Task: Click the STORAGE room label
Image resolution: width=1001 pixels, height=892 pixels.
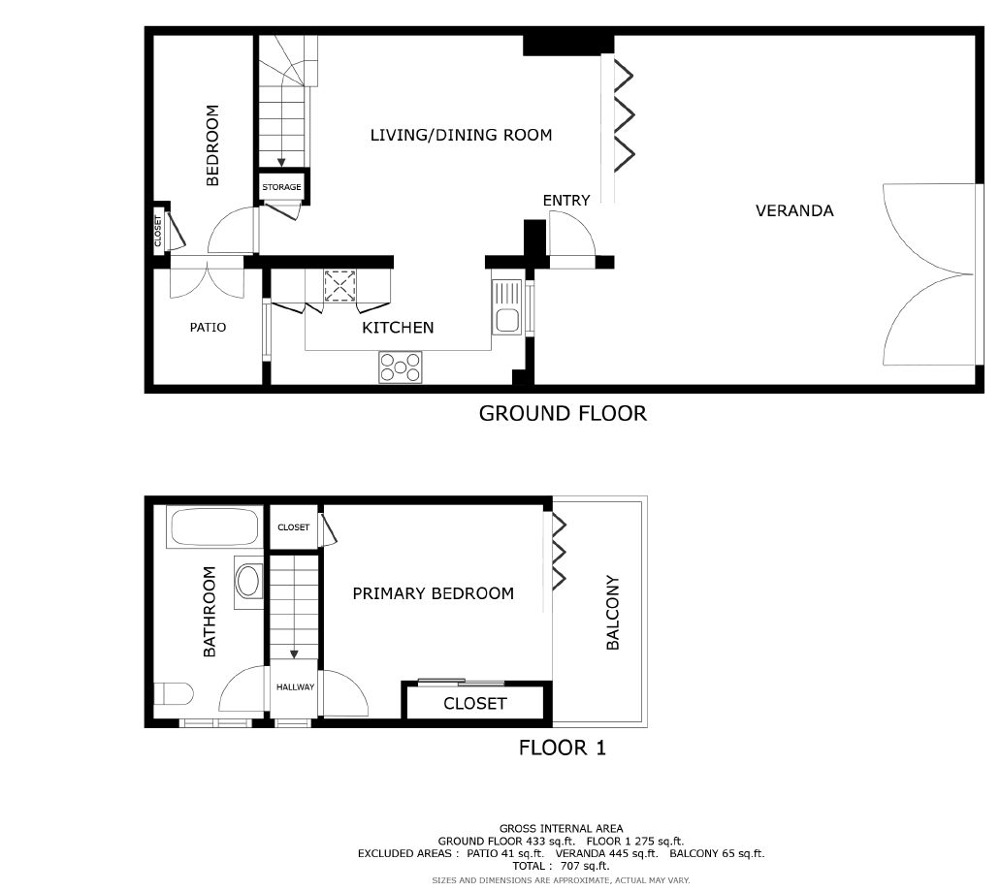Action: click(x=281, y=187)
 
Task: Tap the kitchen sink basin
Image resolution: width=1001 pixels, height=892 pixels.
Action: click(x=507, y=320)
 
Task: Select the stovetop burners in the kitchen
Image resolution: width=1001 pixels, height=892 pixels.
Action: click(x=401, y=366)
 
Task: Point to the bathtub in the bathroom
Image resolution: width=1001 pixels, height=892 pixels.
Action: click(x=214, y=527)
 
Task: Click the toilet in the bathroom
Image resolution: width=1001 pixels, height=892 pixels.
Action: click(x=174, y=694)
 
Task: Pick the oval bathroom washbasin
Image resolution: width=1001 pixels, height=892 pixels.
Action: click(x=247, y=582)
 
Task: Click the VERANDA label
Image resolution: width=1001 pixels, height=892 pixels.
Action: click(x=794, y=211)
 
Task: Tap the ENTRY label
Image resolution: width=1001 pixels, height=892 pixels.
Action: click(x=566, y=201)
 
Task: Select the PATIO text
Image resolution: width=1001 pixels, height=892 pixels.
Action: click(x=209, y=328)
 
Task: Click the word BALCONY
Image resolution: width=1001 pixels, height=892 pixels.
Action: click(x=612, y=613)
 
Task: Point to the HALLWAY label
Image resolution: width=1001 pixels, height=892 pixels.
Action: click(x=295, y=687)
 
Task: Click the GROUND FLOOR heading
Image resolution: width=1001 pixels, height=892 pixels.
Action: click(x=563, y=413)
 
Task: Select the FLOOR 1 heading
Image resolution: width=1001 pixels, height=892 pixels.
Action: click(x=562, y=748)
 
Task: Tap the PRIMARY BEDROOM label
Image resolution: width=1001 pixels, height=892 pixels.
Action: click(x=433, y=594)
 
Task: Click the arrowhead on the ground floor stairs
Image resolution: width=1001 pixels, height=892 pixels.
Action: click(x=281, y=163)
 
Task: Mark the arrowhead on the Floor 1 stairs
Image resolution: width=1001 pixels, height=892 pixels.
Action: click(x=294, y=654)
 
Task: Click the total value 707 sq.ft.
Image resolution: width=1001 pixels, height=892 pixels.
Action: click(x=585, y=866)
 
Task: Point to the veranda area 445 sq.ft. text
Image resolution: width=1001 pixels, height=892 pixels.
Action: click(x=606, y=854)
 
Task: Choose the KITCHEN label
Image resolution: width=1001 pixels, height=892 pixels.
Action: click(x=398, y=328)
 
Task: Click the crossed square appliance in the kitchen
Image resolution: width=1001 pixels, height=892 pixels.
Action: click(x=339, y=286)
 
